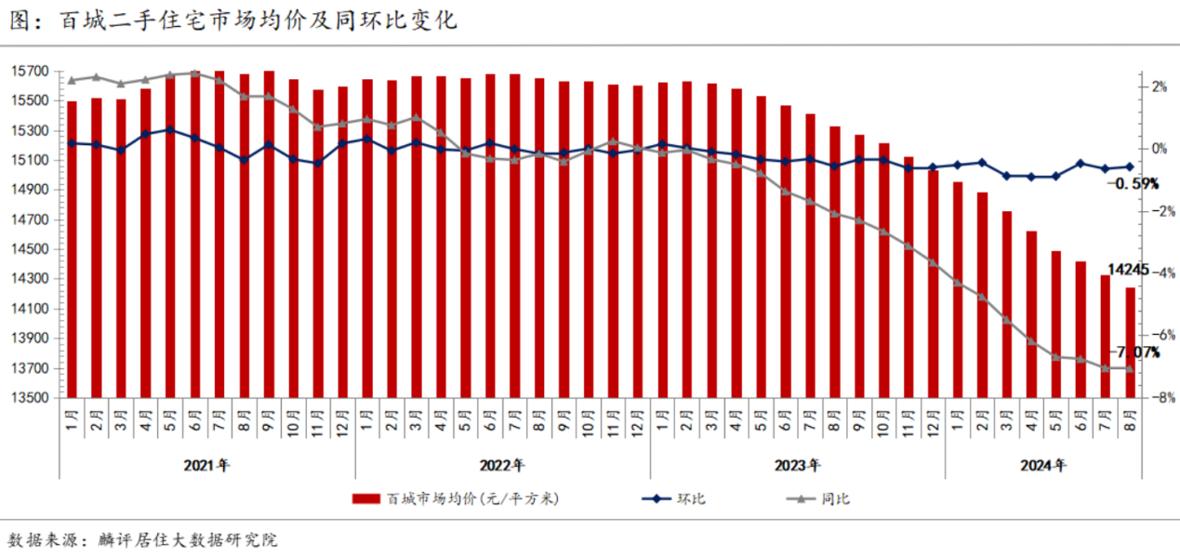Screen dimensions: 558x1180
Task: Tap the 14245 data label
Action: [x=1128, y=271]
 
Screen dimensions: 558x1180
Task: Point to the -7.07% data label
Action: [x=1136, y=352]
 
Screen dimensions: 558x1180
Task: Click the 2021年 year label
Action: [x=206, y=465]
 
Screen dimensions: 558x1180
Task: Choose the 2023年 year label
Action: [x=797, y=465]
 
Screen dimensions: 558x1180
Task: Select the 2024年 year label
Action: [x=1043, y=465]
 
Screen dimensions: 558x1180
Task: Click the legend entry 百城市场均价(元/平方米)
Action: [x=456, y=499]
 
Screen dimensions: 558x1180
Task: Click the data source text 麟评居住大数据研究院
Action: [x=181, y=540]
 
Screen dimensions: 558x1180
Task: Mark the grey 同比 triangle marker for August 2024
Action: [x=1129, y=368]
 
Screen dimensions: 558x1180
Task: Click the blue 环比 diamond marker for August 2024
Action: [x=1129, y=166]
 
